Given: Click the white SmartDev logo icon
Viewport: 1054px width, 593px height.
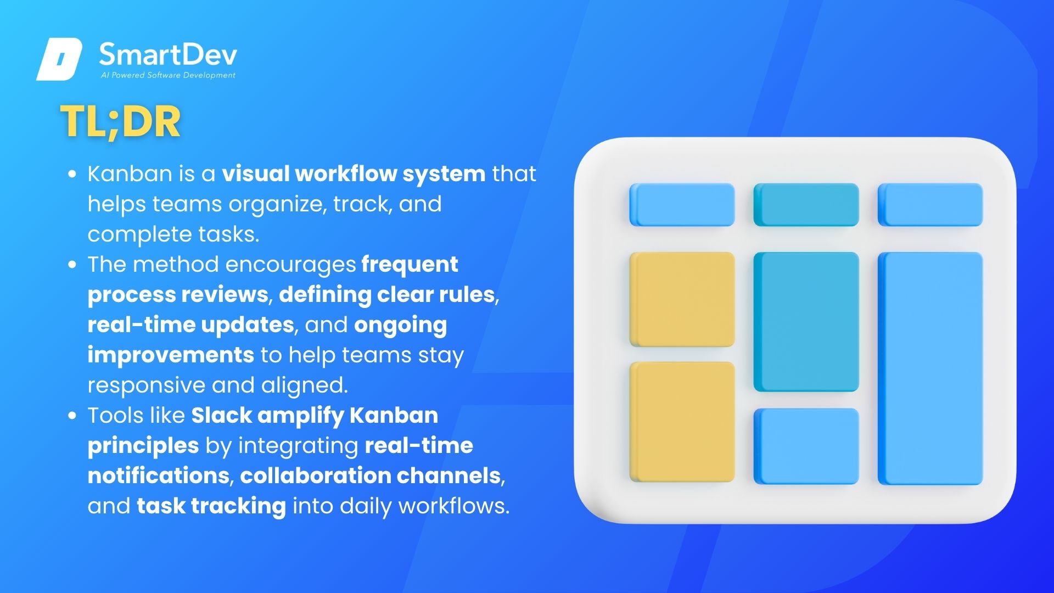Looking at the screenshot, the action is pos(59,59).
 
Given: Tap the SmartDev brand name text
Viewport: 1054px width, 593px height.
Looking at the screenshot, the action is pos(168,55).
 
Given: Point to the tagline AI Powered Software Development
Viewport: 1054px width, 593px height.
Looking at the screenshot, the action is pos(168,75).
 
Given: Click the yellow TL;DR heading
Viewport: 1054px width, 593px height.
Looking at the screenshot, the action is pos(120,122).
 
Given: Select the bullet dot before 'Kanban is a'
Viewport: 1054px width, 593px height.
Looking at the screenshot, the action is pos(72,174).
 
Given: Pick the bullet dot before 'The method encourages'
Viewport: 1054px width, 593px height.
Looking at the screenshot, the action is pos(72,265).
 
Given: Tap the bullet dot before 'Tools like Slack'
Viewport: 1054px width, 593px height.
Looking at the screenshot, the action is pos(72,416).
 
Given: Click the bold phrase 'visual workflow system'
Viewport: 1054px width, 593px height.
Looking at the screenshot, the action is pos(354,174).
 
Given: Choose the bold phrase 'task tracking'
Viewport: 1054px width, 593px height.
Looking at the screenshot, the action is pos(211,506).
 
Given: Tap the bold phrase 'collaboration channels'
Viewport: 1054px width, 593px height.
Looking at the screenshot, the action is pos(371,475).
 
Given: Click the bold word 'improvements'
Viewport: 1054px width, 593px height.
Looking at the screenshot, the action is pos(171,355).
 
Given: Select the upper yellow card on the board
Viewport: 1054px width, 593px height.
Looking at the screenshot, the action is pos(682,299).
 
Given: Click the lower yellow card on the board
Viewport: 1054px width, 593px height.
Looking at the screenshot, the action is pos(682,422).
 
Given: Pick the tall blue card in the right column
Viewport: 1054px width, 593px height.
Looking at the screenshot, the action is pos(930,368).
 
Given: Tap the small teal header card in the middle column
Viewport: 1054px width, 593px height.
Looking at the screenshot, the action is pos(806,205).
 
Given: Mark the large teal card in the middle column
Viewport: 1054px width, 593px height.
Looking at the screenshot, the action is pos(806,322).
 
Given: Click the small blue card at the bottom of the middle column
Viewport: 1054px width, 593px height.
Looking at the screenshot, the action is pos(806,446).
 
